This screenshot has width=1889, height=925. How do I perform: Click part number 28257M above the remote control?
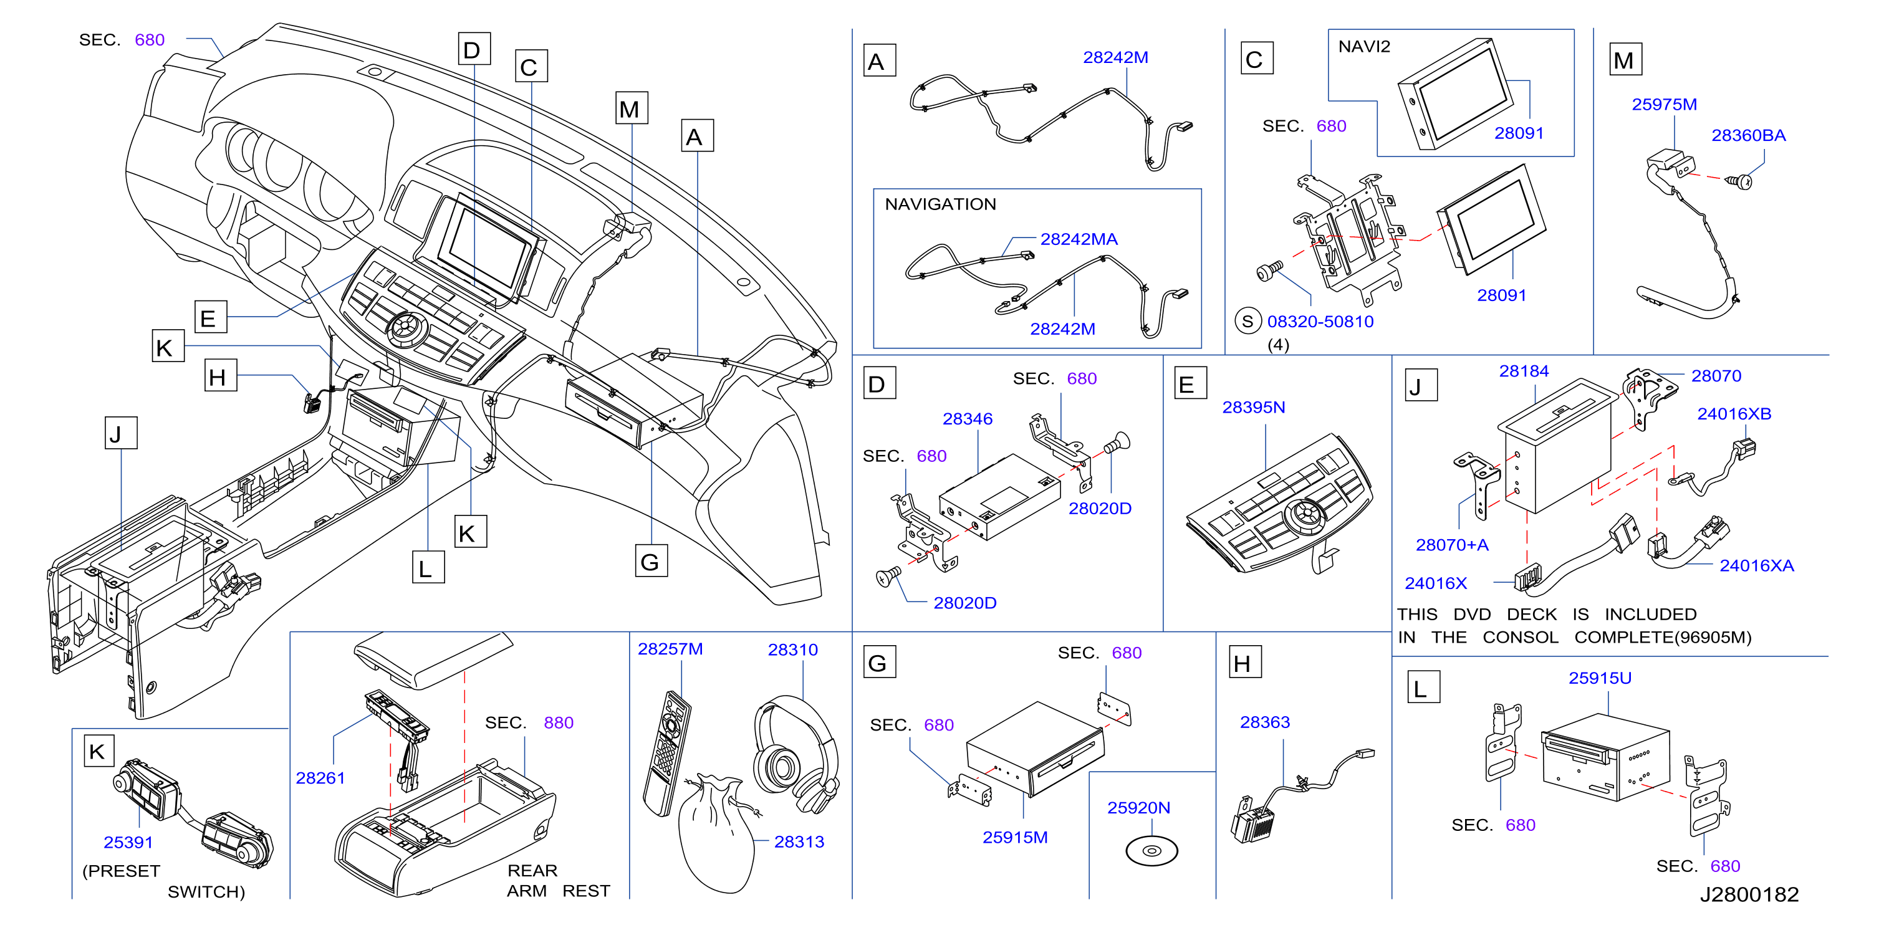pos(670,649)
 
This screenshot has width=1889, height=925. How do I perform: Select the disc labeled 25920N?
pos(1151,851)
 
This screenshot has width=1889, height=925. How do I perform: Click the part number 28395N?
pos(1253,407)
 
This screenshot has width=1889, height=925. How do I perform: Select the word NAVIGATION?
pos(940,204)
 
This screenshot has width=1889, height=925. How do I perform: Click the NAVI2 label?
pos(1364,47)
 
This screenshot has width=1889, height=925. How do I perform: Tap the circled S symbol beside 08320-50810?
pos(1247,321)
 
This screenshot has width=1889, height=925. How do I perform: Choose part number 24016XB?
pos(1734,413)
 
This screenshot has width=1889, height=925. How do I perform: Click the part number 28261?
pos(320,778)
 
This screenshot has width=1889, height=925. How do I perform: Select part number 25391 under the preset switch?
pos(128,842)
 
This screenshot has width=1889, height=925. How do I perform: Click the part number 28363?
pos(1264,722)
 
